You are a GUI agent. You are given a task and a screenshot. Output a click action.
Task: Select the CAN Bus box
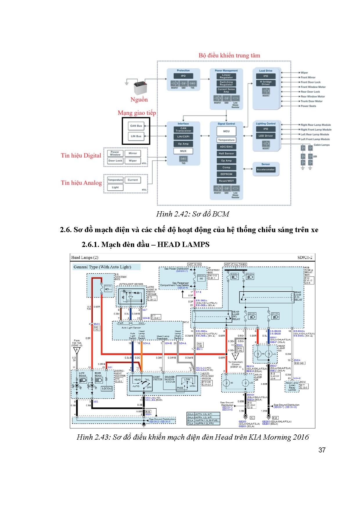[136, 126]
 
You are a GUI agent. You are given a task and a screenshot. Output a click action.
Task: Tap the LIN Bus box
[136, 136]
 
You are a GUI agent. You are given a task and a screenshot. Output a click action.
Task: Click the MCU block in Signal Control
[226, 131]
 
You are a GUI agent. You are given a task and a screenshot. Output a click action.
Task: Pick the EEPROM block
[226, 174]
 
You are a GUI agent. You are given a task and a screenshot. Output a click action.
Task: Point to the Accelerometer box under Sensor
[265, 169]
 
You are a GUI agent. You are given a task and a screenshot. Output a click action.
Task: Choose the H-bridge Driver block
[266, 83]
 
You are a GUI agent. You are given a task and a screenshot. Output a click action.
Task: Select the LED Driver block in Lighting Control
[266, 136]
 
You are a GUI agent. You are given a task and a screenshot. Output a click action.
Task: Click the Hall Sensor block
[226, 154]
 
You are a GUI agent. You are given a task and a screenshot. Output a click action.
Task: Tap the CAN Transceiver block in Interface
[183, 129]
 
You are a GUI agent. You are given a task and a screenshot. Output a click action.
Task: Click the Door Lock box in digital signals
[115, 161]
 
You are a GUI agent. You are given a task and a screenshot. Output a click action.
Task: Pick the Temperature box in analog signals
[115, 180]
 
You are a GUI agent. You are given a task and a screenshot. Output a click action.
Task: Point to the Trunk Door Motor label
[312, 101]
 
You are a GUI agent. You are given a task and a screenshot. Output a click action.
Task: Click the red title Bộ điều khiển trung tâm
[229, 55]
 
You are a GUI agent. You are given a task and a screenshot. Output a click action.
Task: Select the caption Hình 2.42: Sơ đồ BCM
[192, 214]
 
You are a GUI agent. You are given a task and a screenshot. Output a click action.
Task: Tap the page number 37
[322, 450]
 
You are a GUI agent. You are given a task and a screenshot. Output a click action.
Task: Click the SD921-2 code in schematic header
[305, 257]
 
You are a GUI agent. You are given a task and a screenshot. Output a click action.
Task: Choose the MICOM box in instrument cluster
[107, 388]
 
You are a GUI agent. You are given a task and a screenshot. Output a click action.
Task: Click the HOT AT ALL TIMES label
[235, 264]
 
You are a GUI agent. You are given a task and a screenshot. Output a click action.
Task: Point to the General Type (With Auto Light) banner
[102, 267]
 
